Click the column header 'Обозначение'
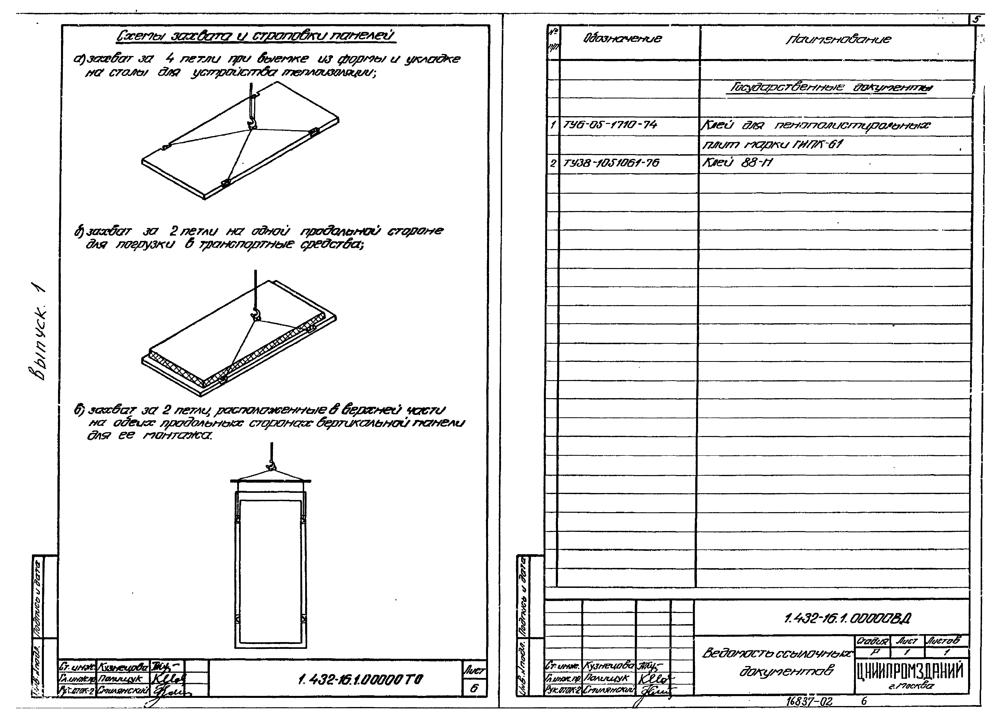pyautogui.click(x=622, y=39)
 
